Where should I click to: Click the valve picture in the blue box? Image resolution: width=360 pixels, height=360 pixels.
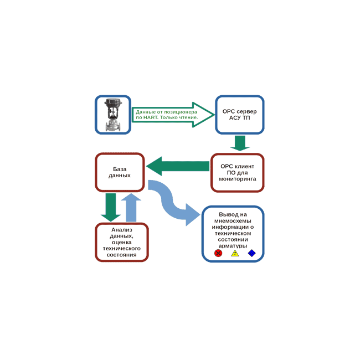pyautogui.click(x=113, y=115)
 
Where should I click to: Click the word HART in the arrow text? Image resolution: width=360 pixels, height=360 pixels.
pyautogui.click(x=150, y=117)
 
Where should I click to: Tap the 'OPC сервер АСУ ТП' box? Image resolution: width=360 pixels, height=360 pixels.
pyautogui.click(x=239, y=115)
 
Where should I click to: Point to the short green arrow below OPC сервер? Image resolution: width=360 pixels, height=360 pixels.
pyautogui.click(x=240, y=143)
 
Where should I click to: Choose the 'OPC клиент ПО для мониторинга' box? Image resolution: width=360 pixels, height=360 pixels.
pyautogui.click(x=237, y=172)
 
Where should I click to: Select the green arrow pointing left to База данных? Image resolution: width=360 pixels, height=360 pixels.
pyautogui.click(x=178, y=166)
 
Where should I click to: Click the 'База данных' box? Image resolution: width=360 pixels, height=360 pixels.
pyautogui.click(x=120, y=172)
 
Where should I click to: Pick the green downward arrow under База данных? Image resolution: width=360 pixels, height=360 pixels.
pyautogui.click(x=111, y=207)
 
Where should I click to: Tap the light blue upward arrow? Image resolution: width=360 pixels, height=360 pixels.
pyautogui.click(x=131, y=207)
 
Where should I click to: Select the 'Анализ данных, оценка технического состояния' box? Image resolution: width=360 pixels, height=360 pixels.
pyautogui.click(x=122, y=242)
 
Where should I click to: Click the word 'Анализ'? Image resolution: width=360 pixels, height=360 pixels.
pyautogui.click(x=122, y=229)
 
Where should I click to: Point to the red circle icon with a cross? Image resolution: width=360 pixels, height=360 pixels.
pyautogui.click(x=218, y=253)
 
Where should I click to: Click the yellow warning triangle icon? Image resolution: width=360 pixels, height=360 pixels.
pyautogui.click(x=235, y=253)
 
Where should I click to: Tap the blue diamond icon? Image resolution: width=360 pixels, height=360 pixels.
pyautogui.click(x=251, y=253)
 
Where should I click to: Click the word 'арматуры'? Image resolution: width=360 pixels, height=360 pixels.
pyautogui.click(x=233, y=245)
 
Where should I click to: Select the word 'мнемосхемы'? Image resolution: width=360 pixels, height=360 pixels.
pyautogui.click(x=233, y=220)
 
